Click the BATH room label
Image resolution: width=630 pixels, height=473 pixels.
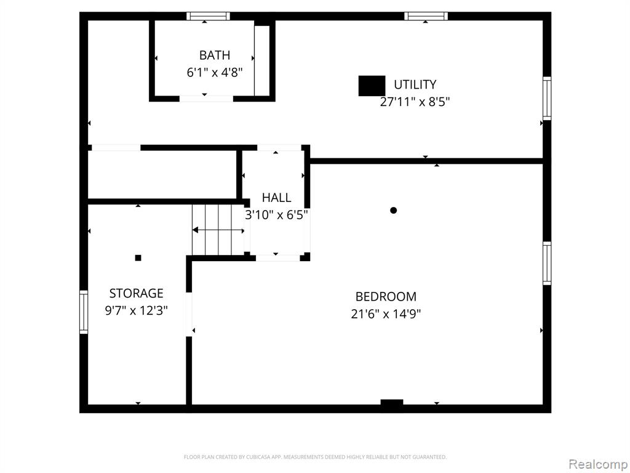coord(215,55)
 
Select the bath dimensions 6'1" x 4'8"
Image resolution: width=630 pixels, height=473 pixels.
coord(215,73)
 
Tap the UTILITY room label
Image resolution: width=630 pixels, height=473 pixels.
coord(415,84)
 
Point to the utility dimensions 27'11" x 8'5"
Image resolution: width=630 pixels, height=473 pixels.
coord(415,102)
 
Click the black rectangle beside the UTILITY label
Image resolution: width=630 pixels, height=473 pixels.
coord(372,86)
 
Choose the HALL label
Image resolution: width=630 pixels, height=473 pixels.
coord(276,198)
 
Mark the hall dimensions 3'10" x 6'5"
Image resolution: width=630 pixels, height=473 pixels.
coord(276,215)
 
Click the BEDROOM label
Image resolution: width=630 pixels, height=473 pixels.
coord(386,296)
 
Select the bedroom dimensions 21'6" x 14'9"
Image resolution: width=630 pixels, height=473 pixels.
coord(386,313)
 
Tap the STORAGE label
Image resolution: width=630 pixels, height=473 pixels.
coord(136,293)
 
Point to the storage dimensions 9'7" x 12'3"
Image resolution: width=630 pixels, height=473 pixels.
coord(136,310)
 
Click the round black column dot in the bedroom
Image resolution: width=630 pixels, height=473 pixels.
coord(393,210)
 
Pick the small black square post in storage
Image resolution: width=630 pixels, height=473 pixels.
coord(138,258)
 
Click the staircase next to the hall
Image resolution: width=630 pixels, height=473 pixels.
coord(218,230)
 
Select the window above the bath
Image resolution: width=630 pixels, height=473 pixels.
coord(208,16)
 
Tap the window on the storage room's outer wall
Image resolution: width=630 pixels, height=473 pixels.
coord(84,312)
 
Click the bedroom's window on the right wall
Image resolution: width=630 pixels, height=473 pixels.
coord(547,263)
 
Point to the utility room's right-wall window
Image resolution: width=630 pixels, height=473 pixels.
coord(547,98)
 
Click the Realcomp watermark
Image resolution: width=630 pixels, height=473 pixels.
coord(598,464)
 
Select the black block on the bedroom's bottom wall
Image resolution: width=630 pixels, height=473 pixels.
coord(392,402)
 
